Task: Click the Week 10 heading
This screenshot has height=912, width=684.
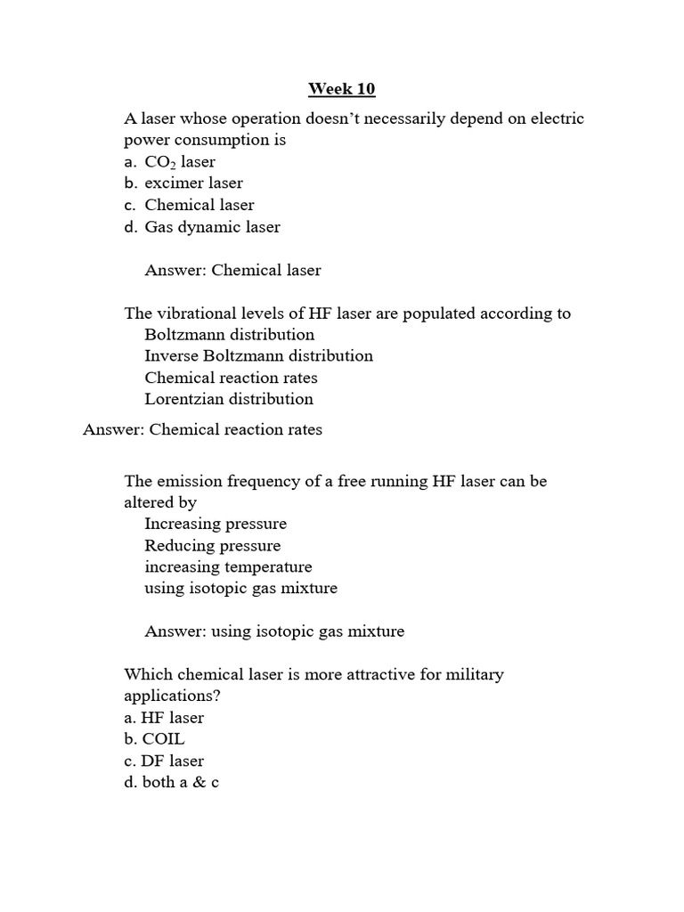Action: [341, 88]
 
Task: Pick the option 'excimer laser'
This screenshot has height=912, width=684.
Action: [183, 183]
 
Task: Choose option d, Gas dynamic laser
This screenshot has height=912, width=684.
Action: [202, 227]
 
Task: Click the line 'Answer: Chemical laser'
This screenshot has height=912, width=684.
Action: [232, 270]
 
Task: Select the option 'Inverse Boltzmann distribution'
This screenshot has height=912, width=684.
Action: [258, 356]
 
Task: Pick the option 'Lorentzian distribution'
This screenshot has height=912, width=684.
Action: [229, 399]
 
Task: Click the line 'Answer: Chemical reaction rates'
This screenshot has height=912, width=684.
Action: [202, 430]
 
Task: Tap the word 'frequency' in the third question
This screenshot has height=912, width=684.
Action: [265, 481]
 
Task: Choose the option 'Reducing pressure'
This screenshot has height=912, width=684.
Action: [212, 546]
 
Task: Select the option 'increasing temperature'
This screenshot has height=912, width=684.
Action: [228, 567]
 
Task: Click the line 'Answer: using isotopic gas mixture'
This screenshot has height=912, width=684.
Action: [274, 631]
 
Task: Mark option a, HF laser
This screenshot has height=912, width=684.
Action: [164, 718]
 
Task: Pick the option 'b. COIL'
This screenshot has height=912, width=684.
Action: [155, 739]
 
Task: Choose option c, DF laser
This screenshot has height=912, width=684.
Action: [164, 761]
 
